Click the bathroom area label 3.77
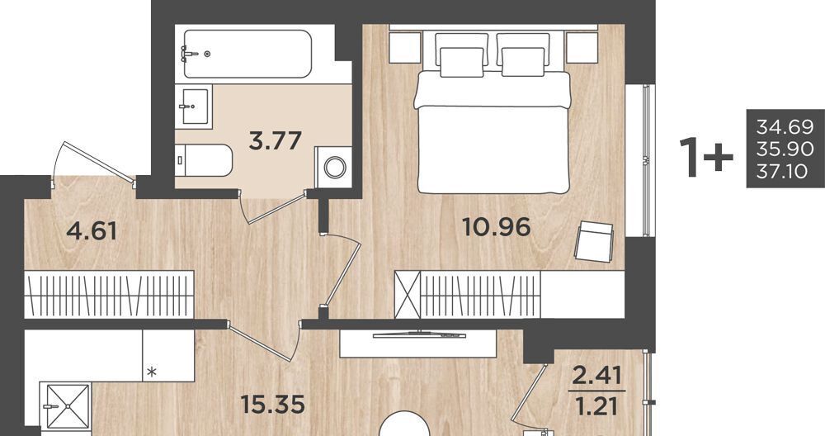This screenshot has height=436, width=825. [276, 140]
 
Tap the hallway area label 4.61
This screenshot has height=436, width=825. [92, 230]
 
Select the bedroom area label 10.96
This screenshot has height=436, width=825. [496, 227]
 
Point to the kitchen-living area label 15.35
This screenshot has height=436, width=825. [272, 405]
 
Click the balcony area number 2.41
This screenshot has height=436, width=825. [597, 377]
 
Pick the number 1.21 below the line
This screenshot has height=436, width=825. [597, 406]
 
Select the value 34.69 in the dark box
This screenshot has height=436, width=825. [785, 127]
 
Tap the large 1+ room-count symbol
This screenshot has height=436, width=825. [706, 156]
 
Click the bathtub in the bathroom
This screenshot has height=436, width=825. [247, 54]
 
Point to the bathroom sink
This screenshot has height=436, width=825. [194, 107]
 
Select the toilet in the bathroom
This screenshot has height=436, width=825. [204, 160]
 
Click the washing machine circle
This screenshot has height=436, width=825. [333, 168]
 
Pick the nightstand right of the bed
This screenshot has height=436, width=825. [582, 48]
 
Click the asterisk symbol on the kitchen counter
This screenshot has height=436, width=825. [152, 372]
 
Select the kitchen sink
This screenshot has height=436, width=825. [68, 406]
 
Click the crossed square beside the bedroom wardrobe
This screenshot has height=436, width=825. [408, 295]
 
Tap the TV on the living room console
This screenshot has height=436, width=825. [419, 334]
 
